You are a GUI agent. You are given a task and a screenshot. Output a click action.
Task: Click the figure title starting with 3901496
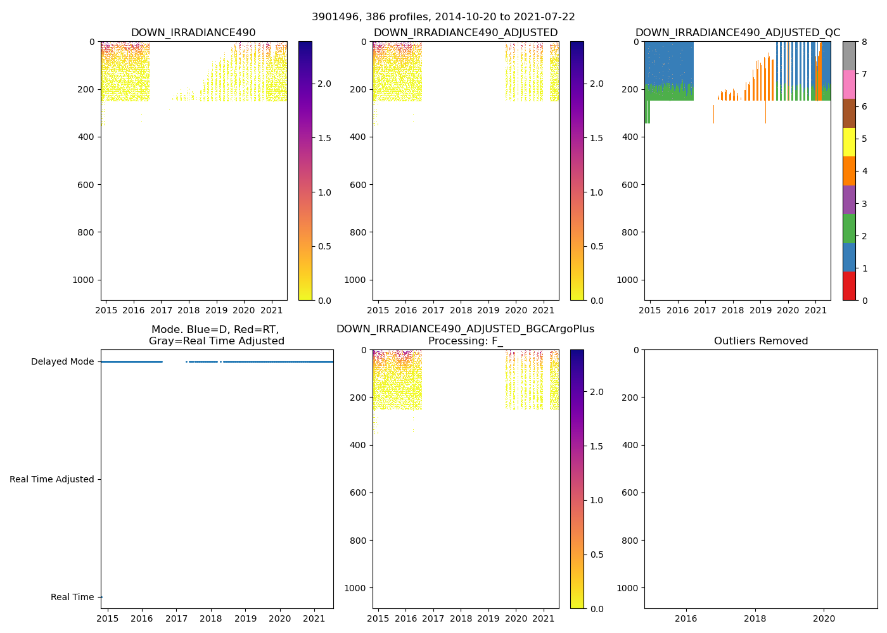pos(443,17)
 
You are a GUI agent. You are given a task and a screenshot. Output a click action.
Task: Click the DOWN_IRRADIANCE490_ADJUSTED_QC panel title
pos(737,33)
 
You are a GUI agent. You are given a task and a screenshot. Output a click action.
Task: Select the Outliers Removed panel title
pos(760,341)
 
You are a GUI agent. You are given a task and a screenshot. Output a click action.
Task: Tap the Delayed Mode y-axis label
pos(62,362)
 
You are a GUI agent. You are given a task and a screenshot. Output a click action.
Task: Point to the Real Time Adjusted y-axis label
pos(52,480)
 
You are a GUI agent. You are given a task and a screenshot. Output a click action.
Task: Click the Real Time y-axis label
pos(72,598)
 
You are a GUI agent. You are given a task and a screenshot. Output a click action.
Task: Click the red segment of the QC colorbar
pos(849,286)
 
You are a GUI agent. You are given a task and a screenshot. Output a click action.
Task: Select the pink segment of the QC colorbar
pos(849,85)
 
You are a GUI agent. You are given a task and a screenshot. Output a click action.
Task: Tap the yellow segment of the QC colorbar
pos(849,142)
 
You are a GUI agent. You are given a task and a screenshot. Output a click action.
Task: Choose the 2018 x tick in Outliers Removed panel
pos(755,618)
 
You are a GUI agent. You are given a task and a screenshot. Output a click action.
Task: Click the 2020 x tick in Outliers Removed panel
pos(824,618)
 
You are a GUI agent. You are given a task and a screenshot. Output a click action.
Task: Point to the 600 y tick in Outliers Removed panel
pos(628,493)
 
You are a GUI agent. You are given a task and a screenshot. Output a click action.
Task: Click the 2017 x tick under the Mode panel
pos(176,618)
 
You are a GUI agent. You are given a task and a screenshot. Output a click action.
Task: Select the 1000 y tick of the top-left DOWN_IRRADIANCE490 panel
pos(84,280)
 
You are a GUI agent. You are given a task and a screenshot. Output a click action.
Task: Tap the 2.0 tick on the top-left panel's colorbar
pos(324,84)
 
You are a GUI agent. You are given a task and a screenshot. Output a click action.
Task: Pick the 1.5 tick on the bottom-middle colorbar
pos(596,446)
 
